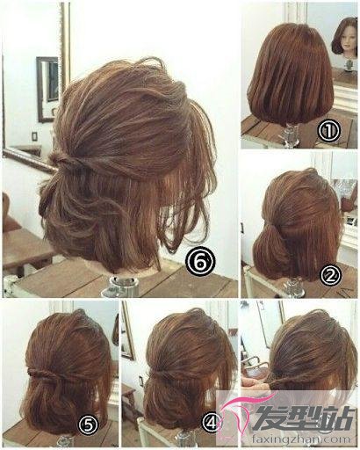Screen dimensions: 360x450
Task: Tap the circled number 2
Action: pos(330,275)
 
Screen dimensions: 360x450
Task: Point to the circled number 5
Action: pos(89,425)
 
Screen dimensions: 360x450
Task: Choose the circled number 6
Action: pos(200,262)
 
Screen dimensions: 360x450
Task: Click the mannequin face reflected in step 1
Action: pos(348,40)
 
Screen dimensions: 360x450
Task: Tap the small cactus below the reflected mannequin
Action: pos(349,64)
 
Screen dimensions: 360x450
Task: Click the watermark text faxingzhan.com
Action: pos(301,439)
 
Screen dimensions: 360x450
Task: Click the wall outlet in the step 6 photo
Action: pos(34,136)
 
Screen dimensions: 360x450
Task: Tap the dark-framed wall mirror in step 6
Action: pos(47,90)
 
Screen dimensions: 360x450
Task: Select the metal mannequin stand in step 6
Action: pos(120,287)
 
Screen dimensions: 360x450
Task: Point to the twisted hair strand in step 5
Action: pos(50,374)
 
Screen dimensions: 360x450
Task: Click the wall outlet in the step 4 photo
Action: pos(140,380)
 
